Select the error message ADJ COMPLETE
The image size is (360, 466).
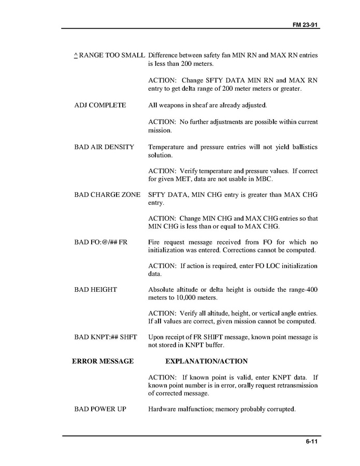(x=100, y=105)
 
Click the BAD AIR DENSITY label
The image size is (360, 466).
(x=104, y=147)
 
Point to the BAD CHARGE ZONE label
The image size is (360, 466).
(x=107, y=194)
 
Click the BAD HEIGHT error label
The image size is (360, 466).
(x=95, y=289)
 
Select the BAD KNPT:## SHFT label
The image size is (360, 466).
(x=106, y=337)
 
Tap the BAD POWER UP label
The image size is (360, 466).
(x=100, y=409)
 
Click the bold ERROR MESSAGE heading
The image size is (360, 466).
(x=103, y=361)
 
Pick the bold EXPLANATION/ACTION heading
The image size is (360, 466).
(x=206, y=361)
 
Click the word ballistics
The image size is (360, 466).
(x=303, y=147)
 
